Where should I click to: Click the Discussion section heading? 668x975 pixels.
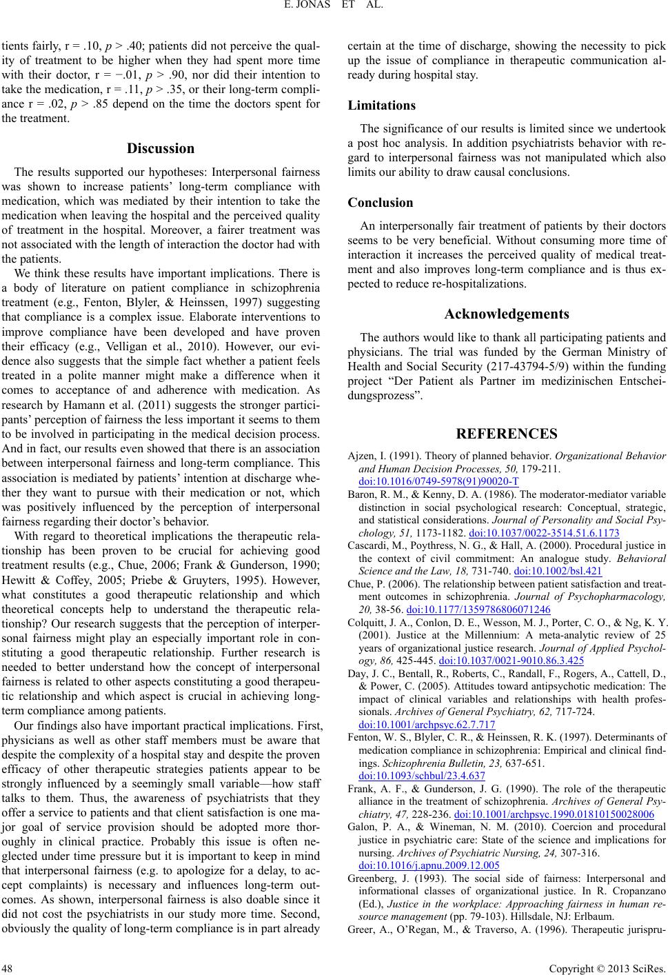coord(161,148)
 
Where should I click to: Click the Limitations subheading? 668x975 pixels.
coord(381,105)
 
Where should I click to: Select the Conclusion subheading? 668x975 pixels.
coord(381,203)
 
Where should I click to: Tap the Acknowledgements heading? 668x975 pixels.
coord(507,314)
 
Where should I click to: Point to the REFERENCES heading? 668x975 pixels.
coord(507,434)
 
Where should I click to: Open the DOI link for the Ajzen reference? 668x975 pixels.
coord(438,481)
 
